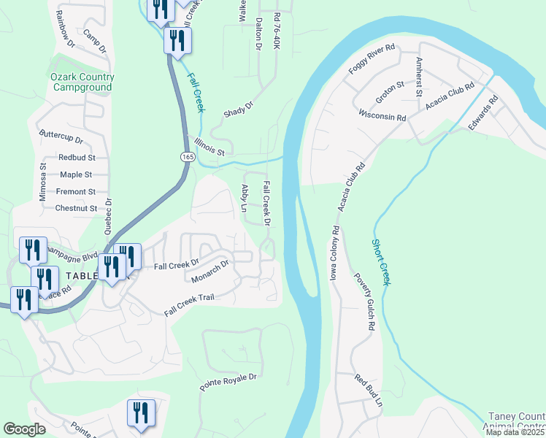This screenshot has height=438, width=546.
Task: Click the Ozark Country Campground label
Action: [x=82, y=82]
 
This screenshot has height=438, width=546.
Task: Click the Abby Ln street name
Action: [x=245, y=198]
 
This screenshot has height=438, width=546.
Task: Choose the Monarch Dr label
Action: [x=210, y=271]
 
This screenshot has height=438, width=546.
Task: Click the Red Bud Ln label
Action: [x=369, y=391]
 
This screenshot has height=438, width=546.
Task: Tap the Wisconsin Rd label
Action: [x=382, y=116]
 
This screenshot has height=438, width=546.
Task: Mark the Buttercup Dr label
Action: [x=61, y=137]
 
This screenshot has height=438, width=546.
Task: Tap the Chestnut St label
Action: [x=76, y=208]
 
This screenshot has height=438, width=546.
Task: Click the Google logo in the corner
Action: [x=24, y=429]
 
